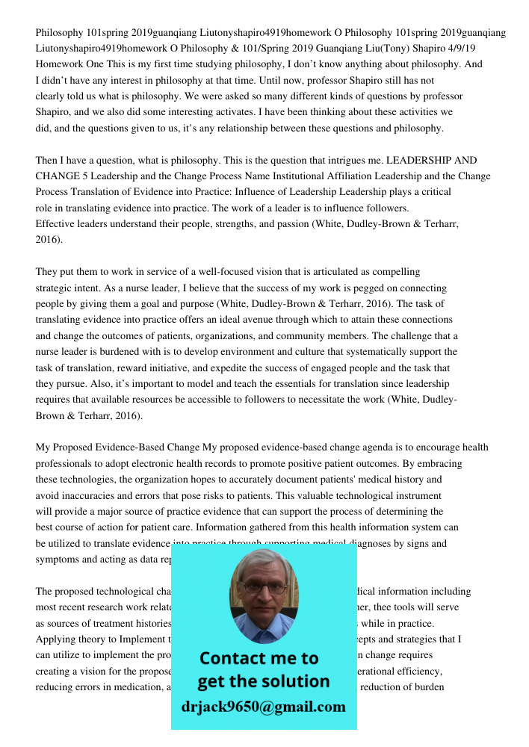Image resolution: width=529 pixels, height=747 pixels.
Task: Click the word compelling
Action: tap(395, 272)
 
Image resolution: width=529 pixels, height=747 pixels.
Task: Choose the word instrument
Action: tap(410, 495)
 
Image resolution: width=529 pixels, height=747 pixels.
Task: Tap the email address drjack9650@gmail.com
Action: tap(263, 707)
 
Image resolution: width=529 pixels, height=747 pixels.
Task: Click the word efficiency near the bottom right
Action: tap(422, 671)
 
